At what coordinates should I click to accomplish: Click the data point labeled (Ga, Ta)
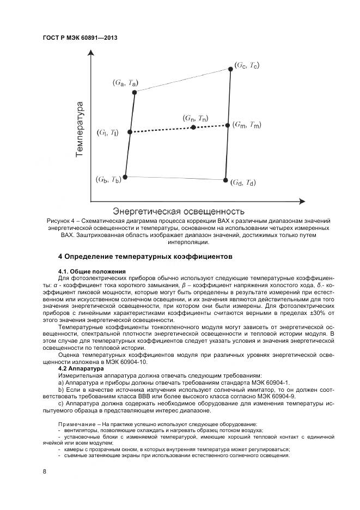[135, 92]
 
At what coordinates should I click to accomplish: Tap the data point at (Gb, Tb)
[125, 177]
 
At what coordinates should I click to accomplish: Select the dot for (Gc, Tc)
[231, 69]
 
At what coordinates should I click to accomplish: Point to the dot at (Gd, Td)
[225, 179]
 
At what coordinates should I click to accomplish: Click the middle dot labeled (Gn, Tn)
[193, 127]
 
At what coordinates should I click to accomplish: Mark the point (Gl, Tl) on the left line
[130, 132]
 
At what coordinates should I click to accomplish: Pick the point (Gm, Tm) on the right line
[228, 125]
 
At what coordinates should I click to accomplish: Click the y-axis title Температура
[80, 129]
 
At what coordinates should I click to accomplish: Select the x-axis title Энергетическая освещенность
[178, 211]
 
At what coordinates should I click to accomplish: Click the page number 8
[44, 471]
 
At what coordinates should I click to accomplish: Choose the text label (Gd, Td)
[242, 182]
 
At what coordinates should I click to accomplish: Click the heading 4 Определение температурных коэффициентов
[145, 256]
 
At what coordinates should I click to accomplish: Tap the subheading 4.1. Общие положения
[91, 271]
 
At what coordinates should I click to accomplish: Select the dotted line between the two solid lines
[163, 129]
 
